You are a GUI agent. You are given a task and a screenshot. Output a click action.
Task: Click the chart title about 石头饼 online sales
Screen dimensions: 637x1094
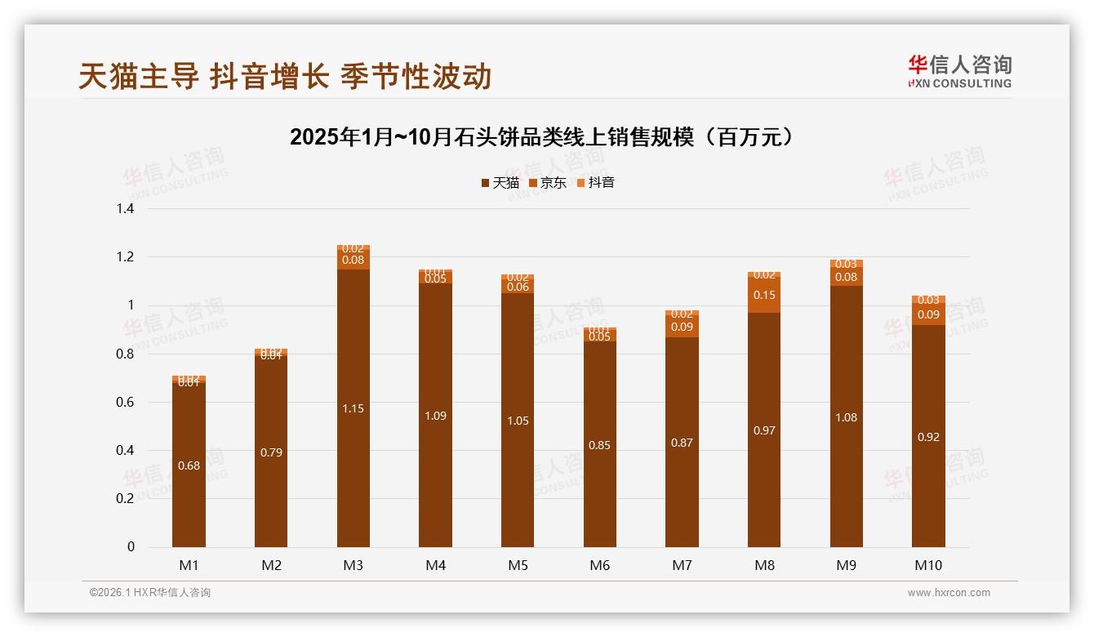point(542,137)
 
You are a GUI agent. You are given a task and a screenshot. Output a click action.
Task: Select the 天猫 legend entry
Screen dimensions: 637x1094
point(500,183)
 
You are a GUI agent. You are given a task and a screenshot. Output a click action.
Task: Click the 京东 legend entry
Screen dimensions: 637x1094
point(548,183)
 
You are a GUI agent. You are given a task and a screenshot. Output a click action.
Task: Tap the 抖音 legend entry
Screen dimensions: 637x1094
point(596,183)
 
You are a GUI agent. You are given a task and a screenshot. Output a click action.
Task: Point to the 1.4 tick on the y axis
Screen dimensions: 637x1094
point(125,209)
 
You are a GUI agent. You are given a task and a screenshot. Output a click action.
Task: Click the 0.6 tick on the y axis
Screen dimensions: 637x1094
point(125,403)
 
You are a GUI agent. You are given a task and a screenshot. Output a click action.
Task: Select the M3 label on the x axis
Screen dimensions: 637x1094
point(354,565)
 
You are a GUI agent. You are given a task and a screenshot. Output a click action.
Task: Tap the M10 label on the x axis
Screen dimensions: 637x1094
point(928,565)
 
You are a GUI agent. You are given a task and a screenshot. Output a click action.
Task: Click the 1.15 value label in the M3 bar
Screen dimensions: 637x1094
point(354,408)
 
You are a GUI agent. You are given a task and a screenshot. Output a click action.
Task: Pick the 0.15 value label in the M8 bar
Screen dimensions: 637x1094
point(764,295)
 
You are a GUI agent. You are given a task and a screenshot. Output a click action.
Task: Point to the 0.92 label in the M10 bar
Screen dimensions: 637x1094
point(928,437)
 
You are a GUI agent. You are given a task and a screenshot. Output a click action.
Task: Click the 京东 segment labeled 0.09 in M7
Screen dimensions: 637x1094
point(682,327)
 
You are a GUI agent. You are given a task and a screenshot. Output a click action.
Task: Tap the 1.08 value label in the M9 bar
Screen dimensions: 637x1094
point(847,417)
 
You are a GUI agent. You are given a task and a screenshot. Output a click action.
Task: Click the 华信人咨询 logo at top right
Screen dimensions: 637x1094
point(959,72)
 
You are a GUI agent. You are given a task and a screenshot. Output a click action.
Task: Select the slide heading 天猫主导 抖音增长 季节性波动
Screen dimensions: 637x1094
point(285,77)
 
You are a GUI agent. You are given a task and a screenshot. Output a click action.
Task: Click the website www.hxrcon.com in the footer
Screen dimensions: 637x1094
point(949,593)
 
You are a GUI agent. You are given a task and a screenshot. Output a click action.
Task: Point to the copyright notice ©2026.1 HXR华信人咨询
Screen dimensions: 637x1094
point(150,593)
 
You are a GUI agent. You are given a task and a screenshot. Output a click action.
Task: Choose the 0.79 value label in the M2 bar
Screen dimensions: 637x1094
point(271,452)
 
